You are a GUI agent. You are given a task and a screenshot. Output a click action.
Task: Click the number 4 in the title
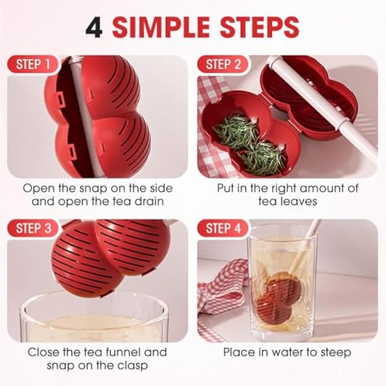tap(94, 27)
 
